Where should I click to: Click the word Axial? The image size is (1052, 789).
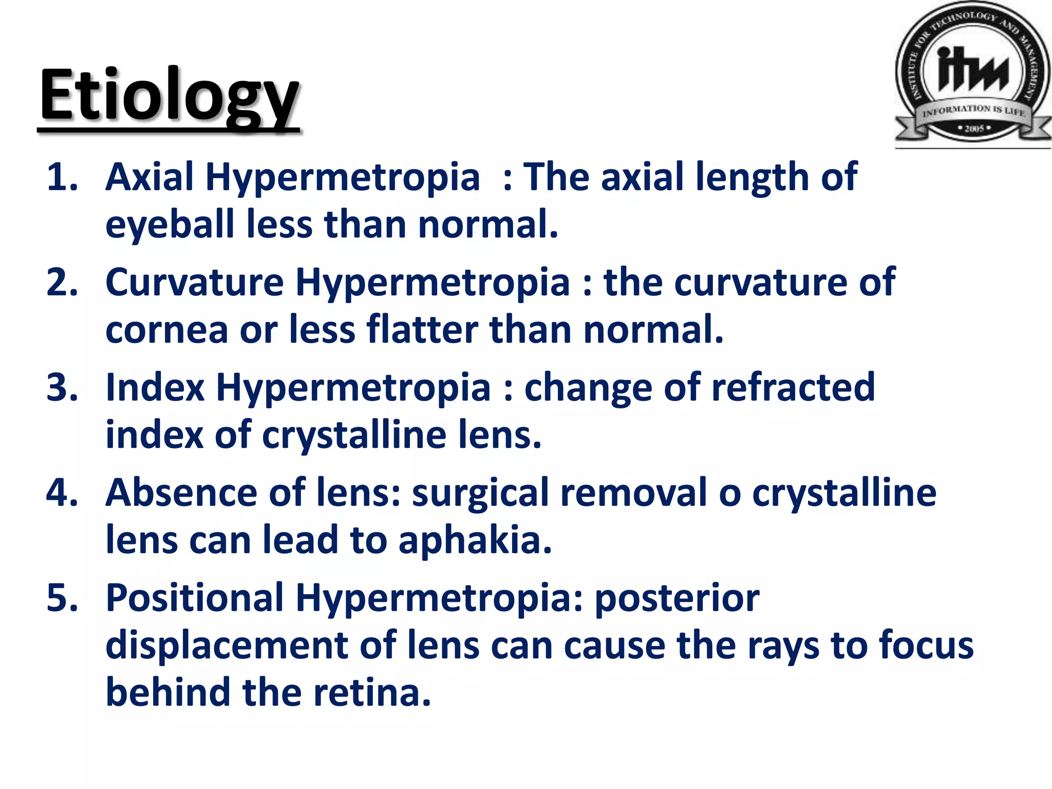click(149, 177)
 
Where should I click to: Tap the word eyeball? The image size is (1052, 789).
click(170, 224)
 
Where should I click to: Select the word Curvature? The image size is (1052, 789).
click(194, 282)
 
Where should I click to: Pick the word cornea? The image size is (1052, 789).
click(166, 330)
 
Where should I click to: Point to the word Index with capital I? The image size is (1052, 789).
click(155, 387)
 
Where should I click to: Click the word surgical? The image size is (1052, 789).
click(480, 493)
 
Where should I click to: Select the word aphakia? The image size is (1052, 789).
click(475, 541)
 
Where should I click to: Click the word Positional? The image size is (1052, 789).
click(194, 598)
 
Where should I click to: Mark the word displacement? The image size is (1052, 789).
click(226, 646)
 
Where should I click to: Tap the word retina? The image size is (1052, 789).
click(372, 692)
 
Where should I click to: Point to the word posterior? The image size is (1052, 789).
click(677, 598)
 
